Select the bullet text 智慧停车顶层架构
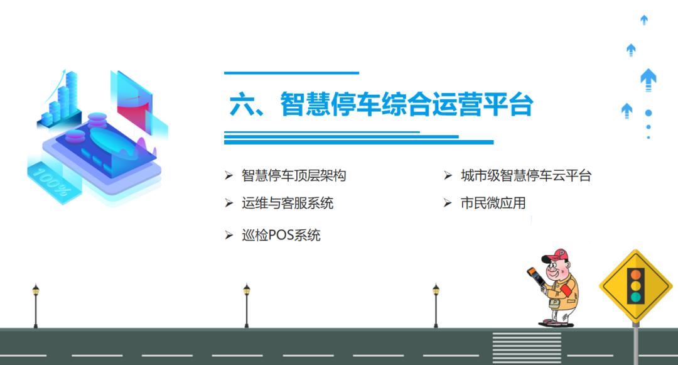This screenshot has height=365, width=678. [x=294, y=176]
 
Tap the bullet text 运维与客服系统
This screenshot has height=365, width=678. [x=288, y=203]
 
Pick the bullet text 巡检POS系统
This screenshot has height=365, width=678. [x=281, y=236]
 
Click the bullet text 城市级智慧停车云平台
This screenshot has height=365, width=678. [x=526, y=176]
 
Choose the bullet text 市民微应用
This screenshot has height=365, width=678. [x=493, y=203]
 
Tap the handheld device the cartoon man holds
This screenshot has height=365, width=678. [x=535, y=279]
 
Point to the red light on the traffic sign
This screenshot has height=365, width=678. [x=636, y=274]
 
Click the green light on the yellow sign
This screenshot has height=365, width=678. [x=636, y=297]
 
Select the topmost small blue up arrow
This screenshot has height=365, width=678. [x=644, y=20]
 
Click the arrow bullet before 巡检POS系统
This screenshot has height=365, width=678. [x=229, y=236]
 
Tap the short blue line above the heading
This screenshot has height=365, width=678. [x=291, y=73]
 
